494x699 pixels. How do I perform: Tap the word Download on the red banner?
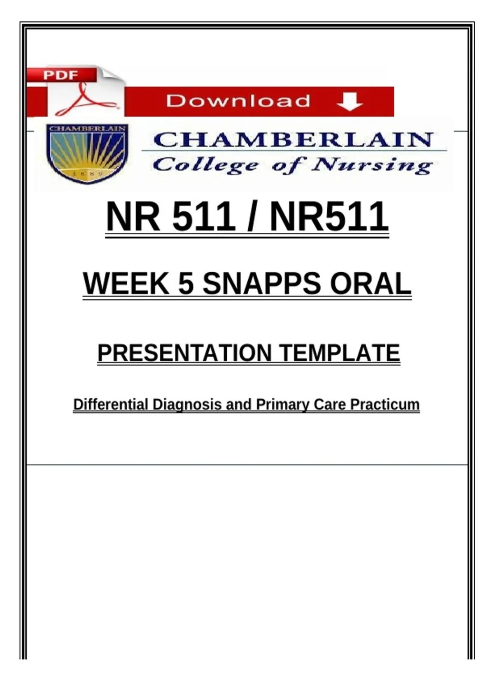point(238,101)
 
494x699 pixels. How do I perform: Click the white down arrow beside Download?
point(350,102)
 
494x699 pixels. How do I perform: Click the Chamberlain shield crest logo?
point(87,153)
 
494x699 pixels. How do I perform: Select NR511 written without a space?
point(329,216)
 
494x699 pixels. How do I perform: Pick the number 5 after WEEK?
point(186,283)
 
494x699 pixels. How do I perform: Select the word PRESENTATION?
point(185,353)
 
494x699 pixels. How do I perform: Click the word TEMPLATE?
point(340,353)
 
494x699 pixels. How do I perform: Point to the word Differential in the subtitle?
point(111,405)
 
